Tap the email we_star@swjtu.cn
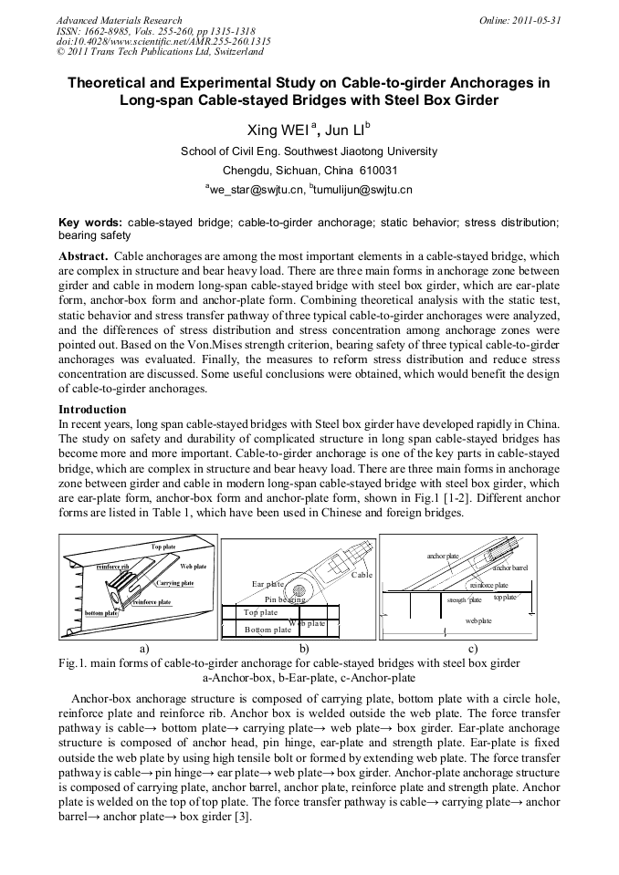(x=255, y=190)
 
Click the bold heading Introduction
(x=92, y=410)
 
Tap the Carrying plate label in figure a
(x=174, y=583)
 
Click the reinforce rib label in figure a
(x=113, y=567)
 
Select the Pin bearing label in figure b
(x=285, y=599)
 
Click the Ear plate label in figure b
(x=268, y=583)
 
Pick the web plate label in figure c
(x=478, y=620)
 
